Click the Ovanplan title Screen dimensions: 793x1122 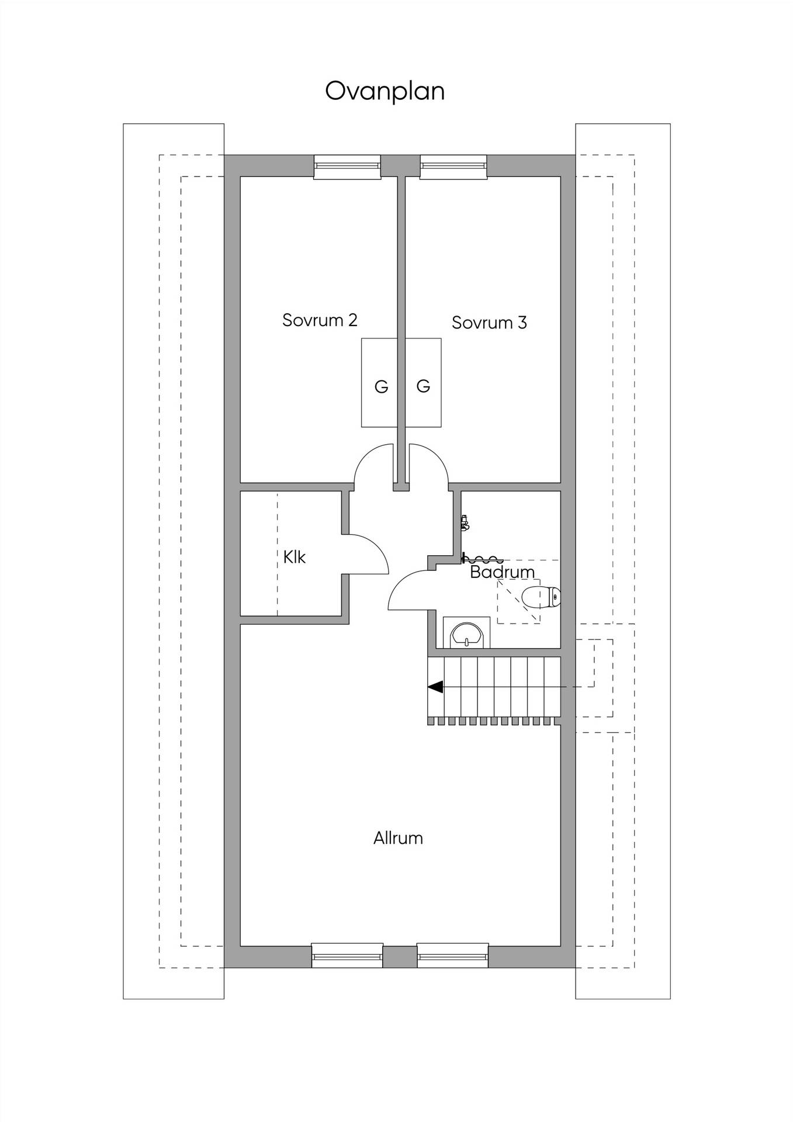pyautogui.click(x=385, y=92)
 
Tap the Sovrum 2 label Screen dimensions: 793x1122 pyautogui.click(x=320, y=320)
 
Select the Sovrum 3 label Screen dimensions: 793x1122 pyautogui.click(x=489, y=323)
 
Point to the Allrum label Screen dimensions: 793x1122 pyautogui.click(x=398, y=838)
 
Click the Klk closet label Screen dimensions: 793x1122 pyautogui.click(x=295, y=557)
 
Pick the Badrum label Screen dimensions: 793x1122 pyautogui.click(x=503, y=572)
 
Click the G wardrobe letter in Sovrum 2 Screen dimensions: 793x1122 pyautogui.click(x=381, y=386)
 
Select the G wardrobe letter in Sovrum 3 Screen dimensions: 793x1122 pyautogui.click(x=423, y=386)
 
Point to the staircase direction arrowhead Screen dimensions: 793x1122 pyautogui.click(x=435, y=687)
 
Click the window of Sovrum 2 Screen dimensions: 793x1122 pyautogui.click(x=347, y=167)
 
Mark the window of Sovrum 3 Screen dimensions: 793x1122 pyautogui.click(x=453, y=167)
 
